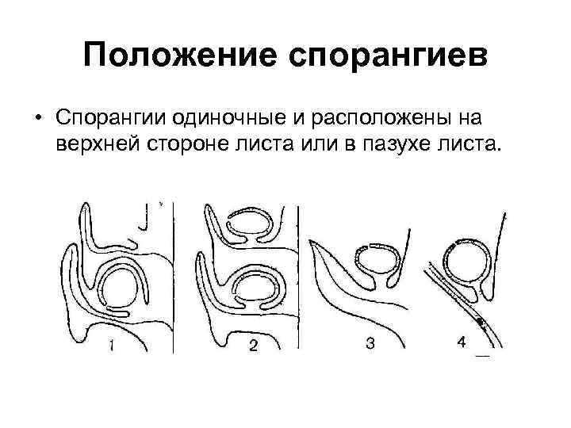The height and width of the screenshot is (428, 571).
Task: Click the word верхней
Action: click(x=97, y=145)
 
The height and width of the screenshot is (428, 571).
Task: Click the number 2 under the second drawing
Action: click(x=253, y=345)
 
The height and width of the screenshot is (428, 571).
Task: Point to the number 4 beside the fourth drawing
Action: click(x=461, y=342)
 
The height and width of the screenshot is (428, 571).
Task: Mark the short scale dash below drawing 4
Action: click(x=482, y=357)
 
